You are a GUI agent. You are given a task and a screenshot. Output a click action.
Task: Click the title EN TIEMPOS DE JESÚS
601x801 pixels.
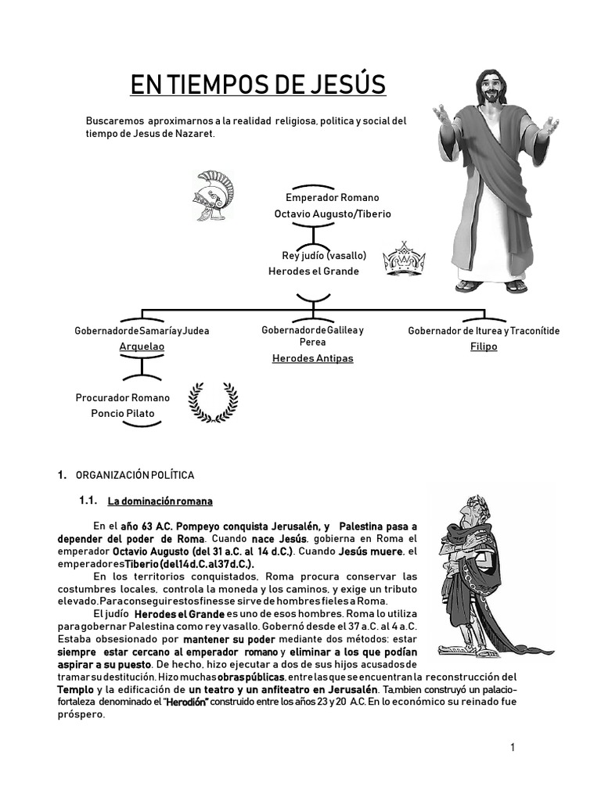(x=257, y=84)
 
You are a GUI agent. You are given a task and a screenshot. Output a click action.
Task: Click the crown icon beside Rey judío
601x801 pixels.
(x=404, y=260)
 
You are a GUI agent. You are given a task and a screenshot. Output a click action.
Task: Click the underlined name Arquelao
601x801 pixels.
(x=142, y=346)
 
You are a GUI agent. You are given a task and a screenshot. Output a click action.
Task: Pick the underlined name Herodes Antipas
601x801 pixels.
(x=312, y=358)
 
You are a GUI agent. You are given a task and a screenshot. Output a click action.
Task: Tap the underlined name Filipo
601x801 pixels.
(x=484, y=346)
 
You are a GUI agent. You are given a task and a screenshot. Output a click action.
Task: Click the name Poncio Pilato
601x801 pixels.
(x=123, y=413)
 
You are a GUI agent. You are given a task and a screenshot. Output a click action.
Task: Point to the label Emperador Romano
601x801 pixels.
(x=333, y=198)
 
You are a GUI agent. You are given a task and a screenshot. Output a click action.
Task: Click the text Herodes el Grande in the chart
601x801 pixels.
(x=313, y=271)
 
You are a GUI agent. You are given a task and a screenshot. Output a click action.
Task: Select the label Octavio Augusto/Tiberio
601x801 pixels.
(x=333, y=214)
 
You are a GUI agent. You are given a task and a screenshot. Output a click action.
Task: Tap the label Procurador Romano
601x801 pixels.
(x=122, y=397)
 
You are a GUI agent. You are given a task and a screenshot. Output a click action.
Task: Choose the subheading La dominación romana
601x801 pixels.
(x=160, y=501)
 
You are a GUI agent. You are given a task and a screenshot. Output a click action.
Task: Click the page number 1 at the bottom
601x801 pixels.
(x=513, y=748)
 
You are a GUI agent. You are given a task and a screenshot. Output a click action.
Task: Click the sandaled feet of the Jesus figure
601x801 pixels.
(x=491, y=286)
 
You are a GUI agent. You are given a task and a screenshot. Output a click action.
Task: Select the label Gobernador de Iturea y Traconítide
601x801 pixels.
(x=484, y=331)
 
